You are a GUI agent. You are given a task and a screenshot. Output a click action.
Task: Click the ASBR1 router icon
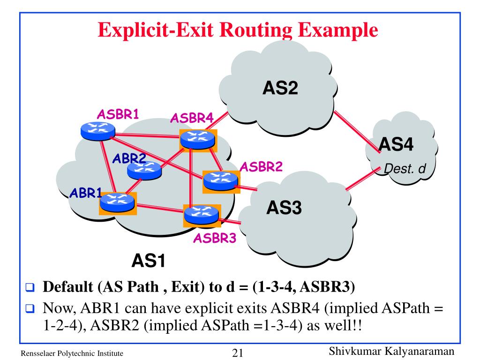tap(98, 131)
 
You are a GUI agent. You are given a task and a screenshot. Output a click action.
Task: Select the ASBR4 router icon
tap(198, 140)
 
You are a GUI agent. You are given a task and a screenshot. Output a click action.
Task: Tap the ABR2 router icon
tap(144, 171)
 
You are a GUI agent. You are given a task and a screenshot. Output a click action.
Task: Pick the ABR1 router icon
tap(117, 203)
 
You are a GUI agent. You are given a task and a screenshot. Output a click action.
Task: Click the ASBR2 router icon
tap(221, 181)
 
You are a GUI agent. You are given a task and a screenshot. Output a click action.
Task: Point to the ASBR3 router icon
tap(202, 215)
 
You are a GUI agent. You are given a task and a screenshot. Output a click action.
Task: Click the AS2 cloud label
tap(280, 88)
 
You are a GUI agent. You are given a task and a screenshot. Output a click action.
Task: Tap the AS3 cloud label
tap(284, 207)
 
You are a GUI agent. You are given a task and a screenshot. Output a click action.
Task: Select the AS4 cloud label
tap(396, 144)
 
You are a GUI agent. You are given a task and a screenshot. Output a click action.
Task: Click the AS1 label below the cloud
tap(149, 261)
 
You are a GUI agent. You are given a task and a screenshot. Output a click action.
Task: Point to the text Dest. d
tap(405, 169)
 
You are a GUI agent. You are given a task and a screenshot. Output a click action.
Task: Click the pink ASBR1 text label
tap(118, 114)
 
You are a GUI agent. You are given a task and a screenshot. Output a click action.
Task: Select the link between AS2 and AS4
tap(357, 131)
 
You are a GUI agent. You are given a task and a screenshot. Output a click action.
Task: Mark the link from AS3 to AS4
tap(363, 179)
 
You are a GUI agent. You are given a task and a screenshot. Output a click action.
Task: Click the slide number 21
tap(238, 353)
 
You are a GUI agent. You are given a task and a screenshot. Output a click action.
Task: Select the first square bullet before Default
tap(30, 287)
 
